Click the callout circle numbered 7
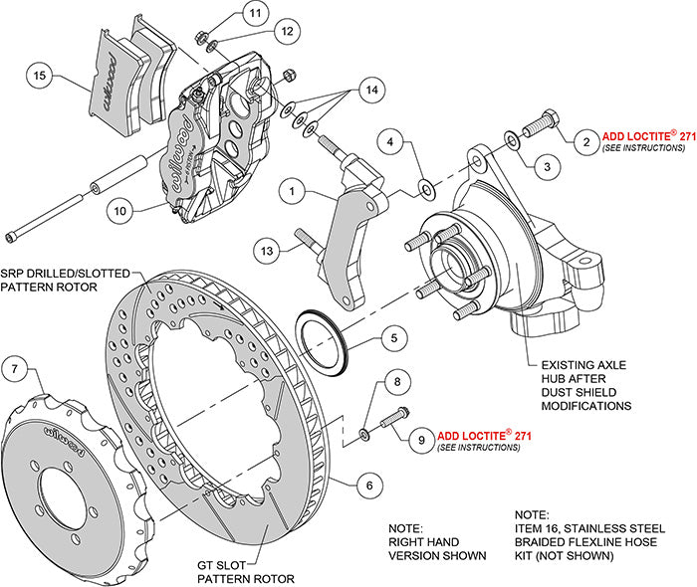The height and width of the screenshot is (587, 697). click(x=15, y=370)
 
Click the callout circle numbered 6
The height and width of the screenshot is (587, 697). click(x=367, y=486)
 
